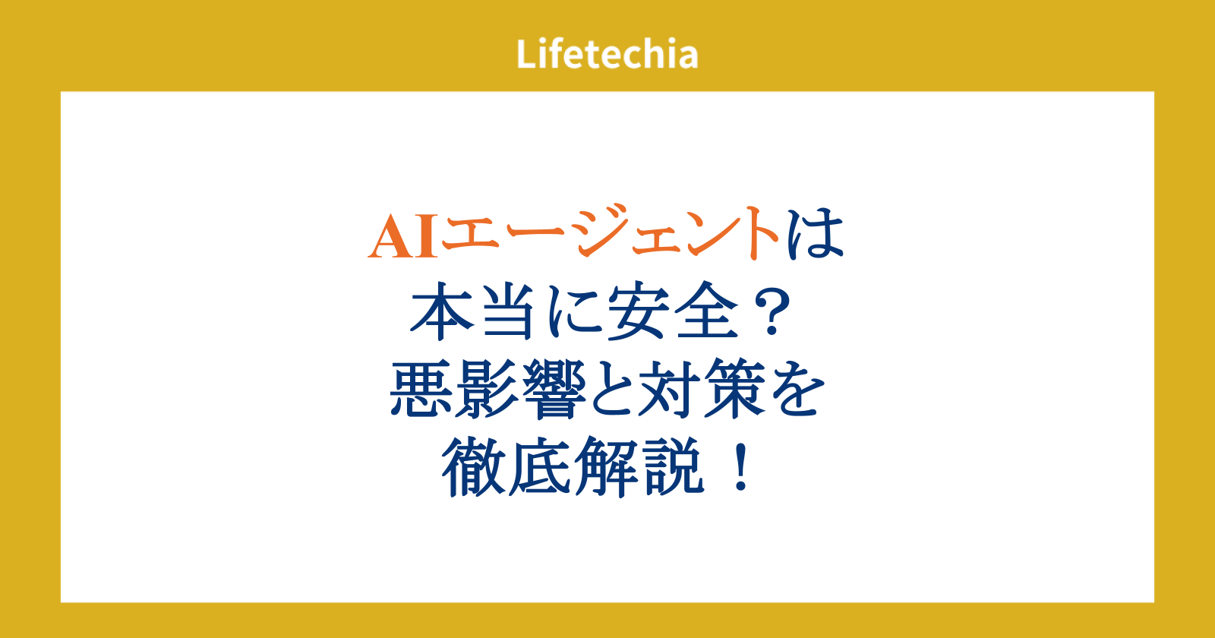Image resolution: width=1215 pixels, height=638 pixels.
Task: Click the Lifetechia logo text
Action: point(607,54)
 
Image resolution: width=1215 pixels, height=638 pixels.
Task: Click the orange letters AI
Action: point(403,236)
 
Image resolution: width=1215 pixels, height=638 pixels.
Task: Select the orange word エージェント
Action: point(611,232)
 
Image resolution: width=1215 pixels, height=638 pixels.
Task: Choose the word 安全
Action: point(673,311)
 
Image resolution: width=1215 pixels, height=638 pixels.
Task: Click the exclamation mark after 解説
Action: point(741,467)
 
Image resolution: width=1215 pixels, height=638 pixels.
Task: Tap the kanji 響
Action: point(554,389)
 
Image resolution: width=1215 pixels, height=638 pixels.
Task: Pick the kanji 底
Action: point(540,467)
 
